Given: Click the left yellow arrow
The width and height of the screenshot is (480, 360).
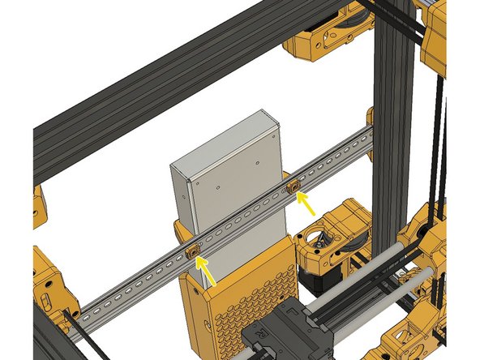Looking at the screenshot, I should pyautogui.click(x=208, y=273).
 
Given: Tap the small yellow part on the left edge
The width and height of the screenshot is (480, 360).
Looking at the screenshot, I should pyautogui.click(x=38, y=207).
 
